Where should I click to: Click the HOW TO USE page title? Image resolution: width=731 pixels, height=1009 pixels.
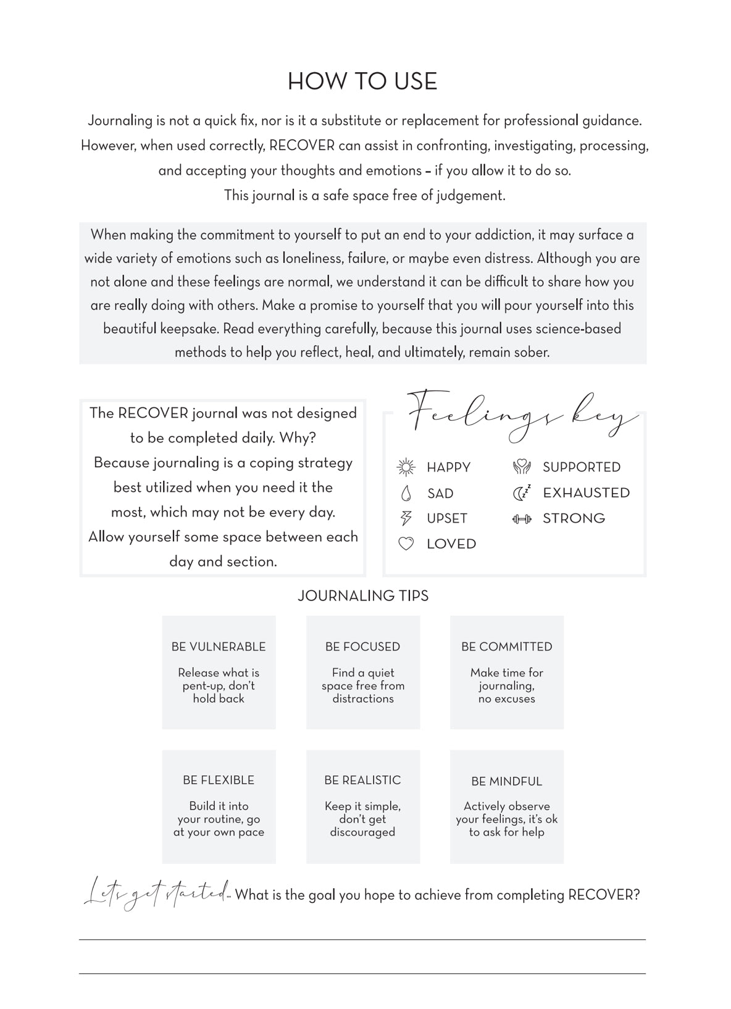(362, 81)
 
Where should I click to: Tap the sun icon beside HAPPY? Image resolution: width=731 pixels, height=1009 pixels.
(406, 467)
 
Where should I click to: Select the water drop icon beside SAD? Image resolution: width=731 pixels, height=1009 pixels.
(406, 493)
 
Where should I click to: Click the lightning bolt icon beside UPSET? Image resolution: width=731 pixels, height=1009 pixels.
(406, 518)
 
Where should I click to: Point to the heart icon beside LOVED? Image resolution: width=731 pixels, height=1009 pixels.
(406, 544)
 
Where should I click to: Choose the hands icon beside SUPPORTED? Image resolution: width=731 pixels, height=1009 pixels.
(522, 467)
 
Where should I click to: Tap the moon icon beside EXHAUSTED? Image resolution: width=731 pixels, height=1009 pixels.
(522, 492)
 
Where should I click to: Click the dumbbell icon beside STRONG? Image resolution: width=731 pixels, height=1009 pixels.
(522, 518)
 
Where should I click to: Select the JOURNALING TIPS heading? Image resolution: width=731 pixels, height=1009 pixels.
(363, 596)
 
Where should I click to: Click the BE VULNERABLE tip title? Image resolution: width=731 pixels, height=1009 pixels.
(219, 647)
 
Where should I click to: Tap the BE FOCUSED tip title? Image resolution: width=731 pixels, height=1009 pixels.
(363, 647)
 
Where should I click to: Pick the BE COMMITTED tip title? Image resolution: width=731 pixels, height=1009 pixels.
(507, 647)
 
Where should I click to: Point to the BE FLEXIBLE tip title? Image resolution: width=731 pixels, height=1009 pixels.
(219, 780)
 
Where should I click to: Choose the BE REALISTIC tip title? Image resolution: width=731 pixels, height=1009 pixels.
(363, 780)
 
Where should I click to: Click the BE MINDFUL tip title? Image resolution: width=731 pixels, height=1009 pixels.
(507, 781)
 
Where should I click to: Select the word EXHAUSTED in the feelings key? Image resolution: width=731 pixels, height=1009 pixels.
(587, 492)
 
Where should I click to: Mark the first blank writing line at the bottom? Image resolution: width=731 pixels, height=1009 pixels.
(362, 939)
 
